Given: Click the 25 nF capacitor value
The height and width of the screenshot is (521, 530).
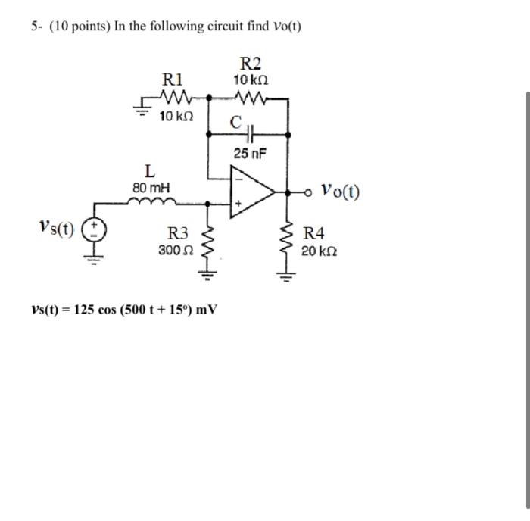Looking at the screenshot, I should coord(250,154).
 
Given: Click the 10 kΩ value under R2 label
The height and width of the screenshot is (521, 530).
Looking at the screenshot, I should coord(251,80).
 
